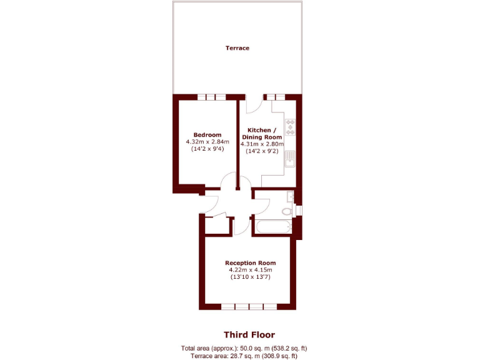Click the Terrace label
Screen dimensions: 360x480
pos(237,48)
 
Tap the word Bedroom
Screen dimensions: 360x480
pos(207,135)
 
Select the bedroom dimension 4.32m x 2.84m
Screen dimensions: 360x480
pos(207,142)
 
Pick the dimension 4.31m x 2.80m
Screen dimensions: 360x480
pos(262,144)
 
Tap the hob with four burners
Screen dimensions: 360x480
pos(291,127)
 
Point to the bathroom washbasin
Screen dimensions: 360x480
pos(289,197)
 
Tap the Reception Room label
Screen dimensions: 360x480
pos(250,263)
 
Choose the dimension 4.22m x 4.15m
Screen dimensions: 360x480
pos(250,270)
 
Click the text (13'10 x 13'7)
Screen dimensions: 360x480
pos(250,277)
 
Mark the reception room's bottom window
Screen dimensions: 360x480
pos(249,306)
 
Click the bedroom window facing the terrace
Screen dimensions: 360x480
pos(211,97)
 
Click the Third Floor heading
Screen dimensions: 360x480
pos(249,335)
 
